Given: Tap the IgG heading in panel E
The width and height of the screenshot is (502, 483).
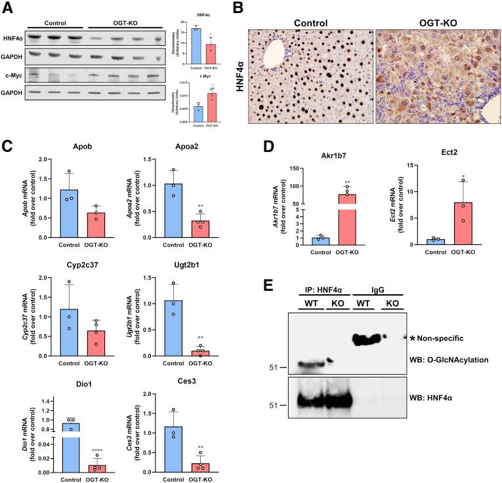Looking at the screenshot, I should (378, 288).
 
